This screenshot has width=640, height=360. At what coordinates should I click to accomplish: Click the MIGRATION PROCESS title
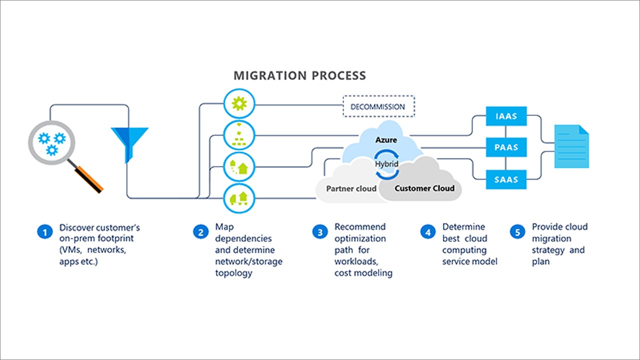(299, 76)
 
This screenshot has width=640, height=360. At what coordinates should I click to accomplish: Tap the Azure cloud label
(386, 140)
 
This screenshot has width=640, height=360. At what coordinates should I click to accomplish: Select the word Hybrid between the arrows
(386, 163)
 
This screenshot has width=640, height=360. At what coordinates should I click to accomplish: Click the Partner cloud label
(347, 188)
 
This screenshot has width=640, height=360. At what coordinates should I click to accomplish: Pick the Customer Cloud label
(424, 188)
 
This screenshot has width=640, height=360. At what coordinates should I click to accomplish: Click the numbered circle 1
(44, 232)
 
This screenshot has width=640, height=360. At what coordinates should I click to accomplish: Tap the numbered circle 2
(200, 232)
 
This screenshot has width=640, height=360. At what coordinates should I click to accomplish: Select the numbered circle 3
(319, 232)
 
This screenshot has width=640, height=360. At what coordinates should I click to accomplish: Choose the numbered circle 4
(427, 232)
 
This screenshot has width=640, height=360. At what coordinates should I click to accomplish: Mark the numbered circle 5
(517, 232)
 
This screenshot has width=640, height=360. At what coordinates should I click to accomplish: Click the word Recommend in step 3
(360, 227)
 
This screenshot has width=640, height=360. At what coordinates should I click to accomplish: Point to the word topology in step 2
(233, 273)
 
